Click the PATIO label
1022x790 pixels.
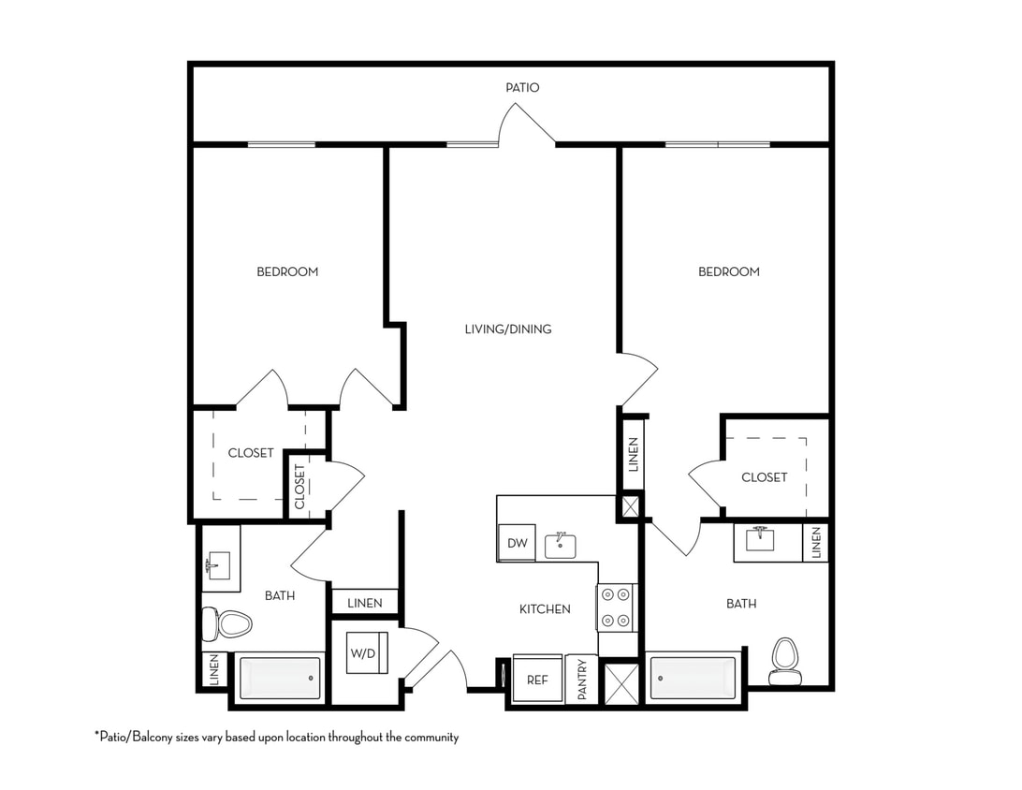tap(522, 87)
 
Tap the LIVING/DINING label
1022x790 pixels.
tap(508, 329)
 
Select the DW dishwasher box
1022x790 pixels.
tap(517, 543)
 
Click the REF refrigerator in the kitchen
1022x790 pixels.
tap(537, 680)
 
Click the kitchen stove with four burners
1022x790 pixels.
tap(617, 607)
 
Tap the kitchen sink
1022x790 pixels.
tap(561, 546)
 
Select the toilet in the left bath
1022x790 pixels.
tap(227, 622)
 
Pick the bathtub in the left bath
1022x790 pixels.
tap(281, 678)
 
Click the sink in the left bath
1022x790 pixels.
tap(218, 565)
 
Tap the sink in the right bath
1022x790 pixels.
tap(759, 539)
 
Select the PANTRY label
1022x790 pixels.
tap(582, 680)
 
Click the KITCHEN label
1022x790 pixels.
tap(545, 609)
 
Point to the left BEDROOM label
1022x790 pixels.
tap(287, 271)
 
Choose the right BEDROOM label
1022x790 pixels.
tap(728, 271)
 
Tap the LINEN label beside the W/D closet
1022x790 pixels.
tap(364, 603)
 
